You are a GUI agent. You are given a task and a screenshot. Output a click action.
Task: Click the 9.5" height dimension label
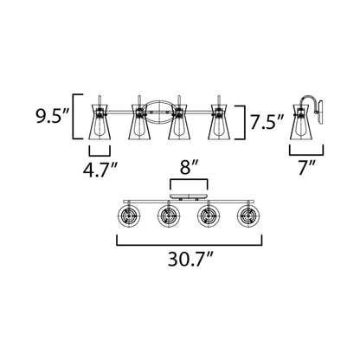(52, 116)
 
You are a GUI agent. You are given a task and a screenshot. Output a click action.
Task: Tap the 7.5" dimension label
(267, 122)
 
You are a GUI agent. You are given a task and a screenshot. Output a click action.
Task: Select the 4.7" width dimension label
(100, 170)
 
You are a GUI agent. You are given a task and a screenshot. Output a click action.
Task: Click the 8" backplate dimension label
(189, 168)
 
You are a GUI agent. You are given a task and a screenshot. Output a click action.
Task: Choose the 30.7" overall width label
(190, 260)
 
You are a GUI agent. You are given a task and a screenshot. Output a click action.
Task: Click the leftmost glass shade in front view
(100, 121)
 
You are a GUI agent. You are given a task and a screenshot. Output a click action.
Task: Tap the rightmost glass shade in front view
(219, 121)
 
